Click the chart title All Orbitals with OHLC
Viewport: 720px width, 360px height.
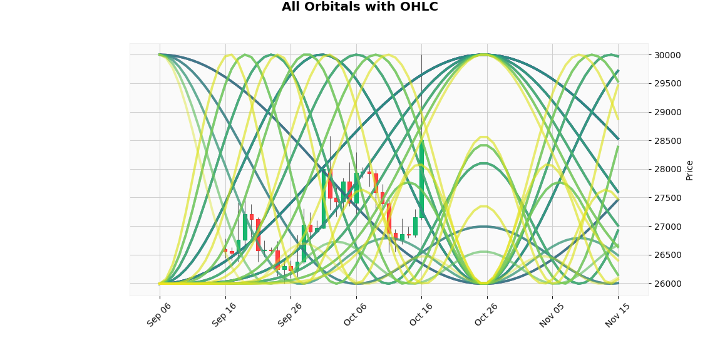(x=359, y=7)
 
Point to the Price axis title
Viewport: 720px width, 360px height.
(x=689, y=170)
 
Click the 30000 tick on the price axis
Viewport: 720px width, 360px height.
(x=664, y=55)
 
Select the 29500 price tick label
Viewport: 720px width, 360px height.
(x=664, y=83)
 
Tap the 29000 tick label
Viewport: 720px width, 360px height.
(x=664, y=113)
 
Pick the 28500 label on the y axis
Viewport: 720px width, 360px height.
(x=664, y=141)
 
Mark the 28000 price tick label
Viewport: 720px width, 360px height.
(x=664, y=170)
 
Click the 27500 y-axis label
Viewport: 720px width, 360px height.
(x=664, y=198)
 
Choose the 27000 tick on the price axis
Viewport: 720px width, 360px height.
(x=664, y=227)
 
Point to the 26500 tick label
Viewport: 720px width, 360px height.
(x=664, y=255)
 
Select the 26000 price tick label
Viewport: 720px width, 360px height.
(x=664, y=284)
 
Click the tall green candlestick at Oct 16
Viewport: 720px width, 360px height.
(x=421, y=179)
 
